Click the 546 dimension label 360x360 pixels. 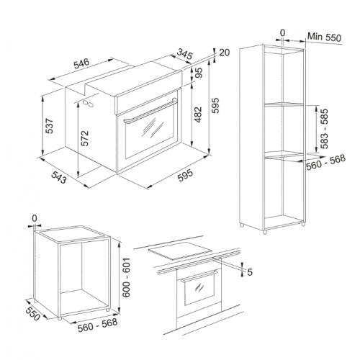tap(81, 63)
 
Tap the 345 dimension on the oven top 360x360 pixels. tap(185, 54)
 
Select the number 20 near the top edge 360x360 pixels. tap(225, 53)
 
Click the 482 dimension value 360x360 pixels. tap(198, 114)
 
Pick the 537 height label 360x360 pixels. tap(50, 126)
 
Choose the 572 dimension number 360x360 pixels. tap(84, 138)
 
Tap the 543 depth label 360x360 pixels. tap(58, 178)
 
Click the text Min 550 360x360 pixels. tap(324, 37)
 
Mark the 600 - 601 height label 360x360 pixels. tap(126, 277)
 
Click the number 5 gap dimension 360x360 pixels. tap(250, 272)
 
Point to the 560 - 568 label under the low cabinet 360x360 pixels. tap(98, 325)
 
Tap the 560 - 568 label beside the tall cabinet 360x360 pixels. tap(326, 163)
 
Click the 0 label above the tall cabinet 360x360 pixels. tap(283, 32)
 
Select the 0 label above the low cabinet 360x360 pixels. tap(35, 218)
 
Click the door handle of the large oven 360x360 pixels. tap(150, 110)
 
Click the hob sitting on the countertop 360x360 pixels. tap(181, 251)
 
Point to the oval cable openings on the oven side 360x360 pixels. tap(88, 104)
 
